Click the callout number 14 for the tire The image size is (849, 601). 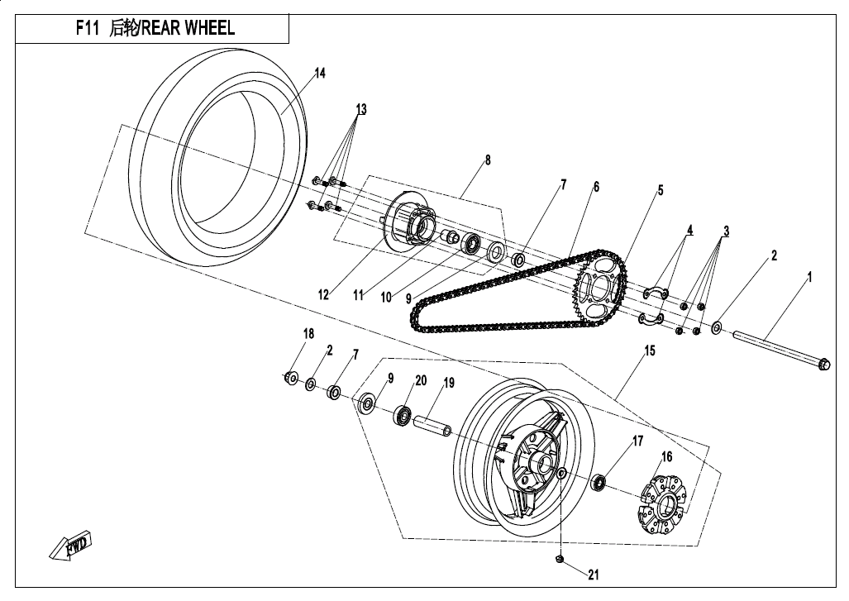pos(319,74)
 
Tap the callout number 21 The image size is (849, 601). pos(592,575)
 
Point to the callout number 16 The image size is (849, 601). pos(665,456)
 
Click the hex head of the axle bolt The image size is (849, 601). pos(823,364)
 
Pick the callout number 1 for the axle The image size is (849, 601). pos(809,278)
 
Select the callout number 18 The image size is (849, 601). pos(308,334)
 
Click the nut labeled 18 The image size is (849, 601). pos(291,378)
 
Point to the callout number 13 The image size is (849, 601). pos(360,109)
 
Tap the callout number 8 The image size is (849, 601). pos(488,160)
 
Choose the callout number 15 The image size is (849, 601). pos(650,351)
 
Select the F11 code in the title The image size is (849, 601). pos(88,27)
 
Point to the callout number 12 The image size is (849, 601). pos(324,293)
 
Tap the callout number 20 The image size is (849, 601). pos(421,380)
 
